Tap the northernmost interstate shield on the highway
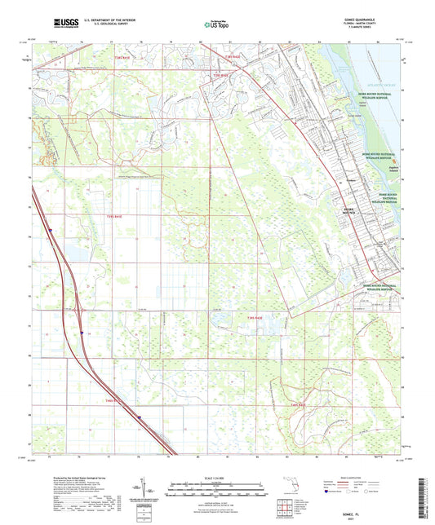point(49,232)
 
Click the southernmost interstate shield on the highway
point(140,417)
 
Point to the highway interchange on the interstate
point(82,311)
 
